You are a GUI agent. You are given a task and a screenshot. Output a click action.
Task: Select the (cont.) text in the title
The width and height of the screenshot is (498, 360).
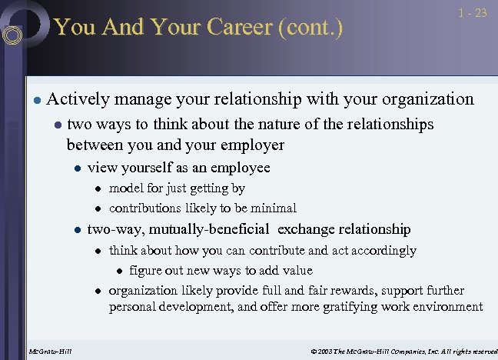(x=310, y=28)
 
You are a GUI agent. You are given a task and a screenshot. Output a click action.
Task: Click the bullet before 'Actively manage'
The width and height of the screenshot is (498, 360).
(x=36, y=100)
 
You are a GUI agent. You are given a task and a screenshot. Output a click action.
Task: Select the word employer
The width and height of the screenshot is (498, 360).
(x=252, y=145)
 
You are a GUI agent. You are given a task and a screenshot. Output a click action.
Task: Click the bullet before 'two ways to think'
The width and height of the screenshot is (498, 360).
(x=57, y=125)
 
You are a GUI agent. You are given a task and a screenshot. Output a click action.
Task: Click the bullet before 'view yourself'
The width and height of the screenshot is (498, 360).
(x=77, y=168)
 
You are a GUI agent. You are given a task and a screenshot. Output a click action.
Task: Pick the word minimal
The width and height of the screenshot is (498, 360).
(x=273, y=208)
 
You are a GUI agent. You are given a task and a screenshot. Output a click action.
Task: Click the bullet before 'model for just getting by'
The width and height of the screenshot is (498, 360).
(x=98, y=189)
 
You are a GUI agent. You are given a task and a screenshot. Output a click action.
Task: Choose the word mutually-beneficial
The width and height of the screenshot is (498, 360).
(x=209, y=228)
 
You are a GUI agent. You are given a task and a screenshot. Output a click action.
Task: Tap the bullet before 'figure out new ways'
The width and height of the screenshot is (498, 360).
(x=118, y=272)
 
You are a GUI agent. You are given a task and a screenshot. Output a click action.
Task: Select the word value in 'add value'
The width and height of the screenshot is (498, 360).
(x=297, y=270)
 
